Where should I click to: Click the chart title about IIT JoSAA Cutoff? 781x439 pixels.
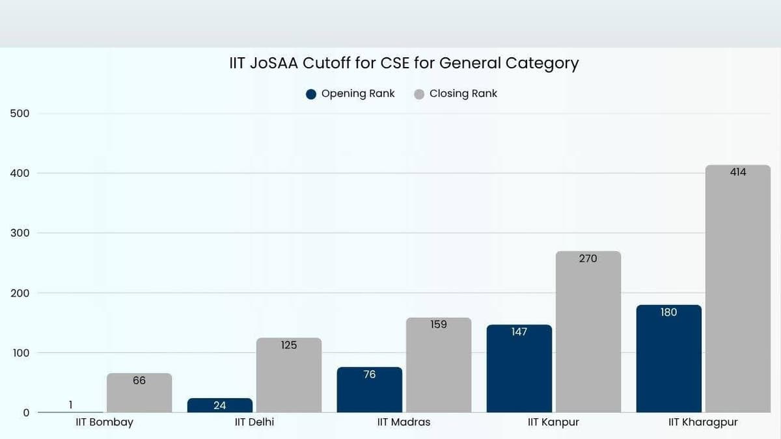404,63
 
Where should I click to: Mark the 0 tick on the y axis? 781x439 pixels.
25,412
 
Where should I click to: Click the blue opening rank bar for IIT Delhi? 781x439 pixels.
220,405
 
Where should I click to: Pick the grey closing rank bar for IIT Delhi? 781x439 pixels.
289,375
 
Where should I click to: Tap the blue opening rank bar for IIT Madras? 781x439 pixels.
370,390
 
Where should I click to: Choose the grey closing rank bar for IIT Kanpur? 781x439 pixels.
588,332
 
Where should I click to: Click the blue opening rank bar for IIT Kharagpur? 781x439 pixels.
669,359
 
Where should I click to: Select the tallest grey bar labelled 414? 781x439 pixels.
738,289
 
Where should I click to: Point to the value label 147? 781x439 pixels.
519,332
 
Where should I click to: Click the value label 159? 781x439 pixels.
439,324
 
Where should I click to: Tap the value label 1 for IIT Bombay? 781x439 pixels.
70,405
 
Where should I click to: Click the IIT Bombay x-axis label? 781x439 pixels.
104,422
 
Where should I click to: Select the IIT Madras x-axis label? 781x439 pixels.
404,422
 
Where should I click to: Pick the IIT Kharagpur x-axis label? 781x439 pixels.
703,422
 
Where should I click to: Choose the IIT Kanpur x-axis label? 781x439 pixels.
553,422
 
